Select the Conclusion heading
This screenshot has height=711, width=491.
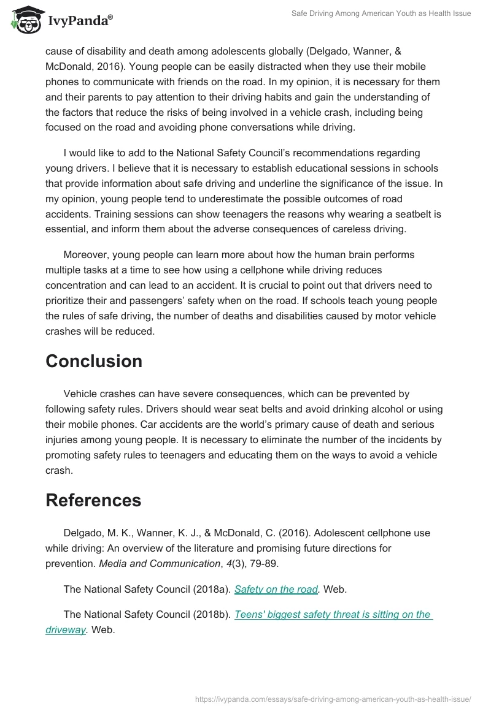(x=94, y=362)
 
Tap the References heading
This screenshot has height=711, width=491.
(x=93, y=500)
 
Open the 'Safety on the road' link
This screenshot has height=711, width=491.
(x=276, y=590)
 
